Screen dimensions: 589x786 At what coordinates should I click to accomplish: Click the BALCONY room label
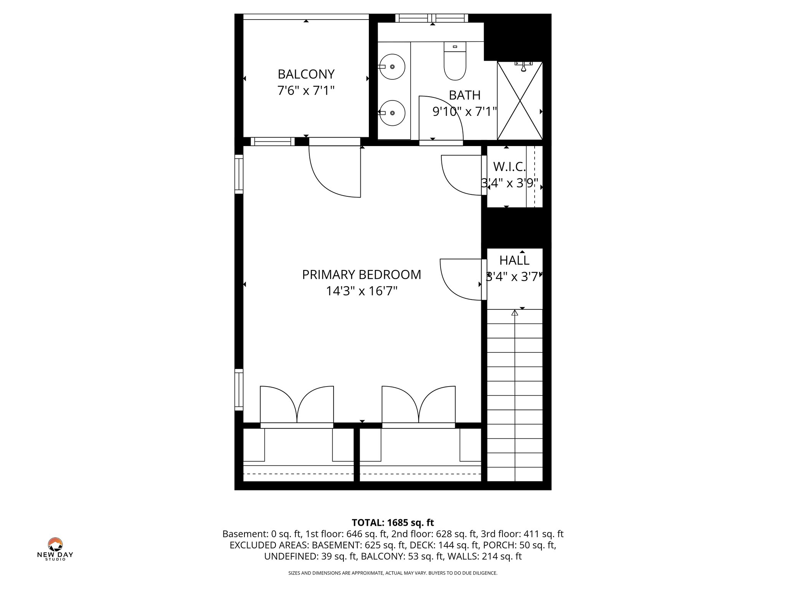click(x=306, y=74)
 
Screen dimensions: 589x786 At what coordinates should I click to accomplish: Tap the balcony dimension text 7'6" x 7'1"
click(x=306, y=91)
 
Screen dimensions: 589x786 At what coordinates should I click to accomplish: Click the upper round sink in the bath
click(x=392, y=67)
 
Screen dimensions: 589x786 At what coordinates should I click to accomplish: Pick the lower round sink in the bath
click(x=392, y=113)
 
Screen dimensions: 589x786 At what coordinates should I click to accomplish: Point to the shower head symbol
click(x=523, y=67)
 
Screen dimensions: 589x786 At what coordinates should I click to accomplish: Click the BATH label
click(x=464, y=95)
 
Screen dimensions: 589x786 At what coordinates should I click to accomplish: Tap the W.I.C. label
click(x=509, y=166)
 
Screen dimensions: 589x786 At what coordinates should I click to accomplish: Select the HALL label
click(x=514, y=260)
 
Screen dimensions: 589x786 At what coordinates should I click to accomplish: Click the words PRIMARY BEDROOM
click(x=362, y=275)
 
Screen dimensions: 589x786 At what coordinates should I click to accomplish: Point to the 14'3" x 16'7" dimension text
click(x=362, y=291)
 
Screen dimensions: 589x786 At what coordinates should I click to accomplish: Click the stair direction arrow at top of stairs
click(x=515, y=313)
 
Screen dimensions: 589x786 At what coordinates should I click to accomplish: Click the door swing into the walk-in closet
click(x=459, y=176)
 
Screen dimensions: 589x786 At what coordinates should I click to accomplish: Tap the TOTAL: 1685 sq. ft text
click(x=393, y=523)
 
